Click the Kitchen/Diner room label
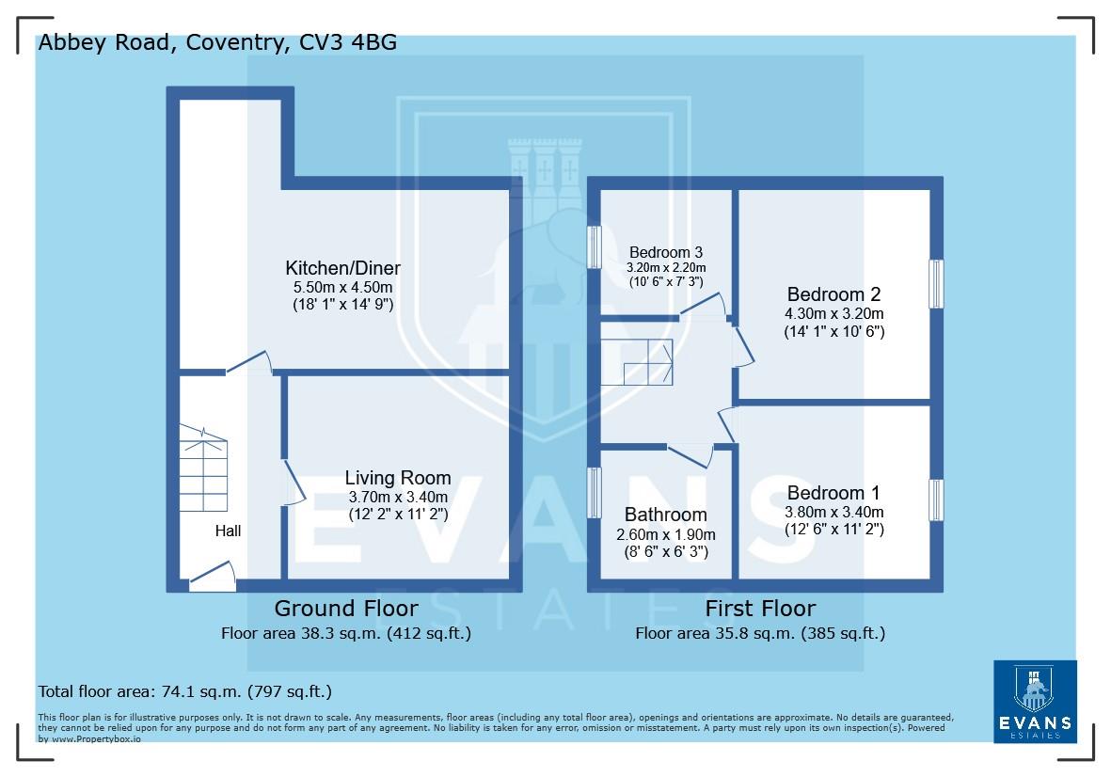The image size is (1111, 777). pyautogui.click(x=343, y=268)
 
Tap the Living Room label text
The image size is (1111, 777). pyautogui.click(x=397, y=478)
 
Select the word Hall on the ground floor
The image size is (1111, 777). pyautogui.click(x=228, y=531)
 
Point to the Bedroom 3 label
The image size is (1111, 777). pyautogui.click(x=666, y=252)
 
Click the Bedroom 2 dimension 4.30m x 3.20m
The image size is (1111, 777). pyautogui.click(x=833, y=313)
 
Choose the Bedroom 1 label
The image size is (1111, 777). pyautogui.click(x=833, y=493)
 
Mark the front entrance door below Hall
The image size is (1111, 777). pyautogui.click(x=213, y=578)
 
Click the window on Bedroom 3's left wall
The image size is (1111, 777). pyautogui.click(x=595, y=247)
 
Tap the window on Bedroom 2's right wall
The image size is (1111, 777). pyautogui.click(x=935, y=283)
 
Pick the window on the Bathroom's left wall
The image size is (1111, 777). pyautogui.click(x=595, y=492)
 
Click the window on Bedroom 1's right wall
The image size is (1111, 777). pyautogui.click(x=935, y=499)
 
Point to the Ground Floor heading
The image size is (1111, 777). pyautogui.click(x=346, y=608)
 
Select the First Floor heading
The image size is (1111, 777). pyautogui.click(x=760, y=608)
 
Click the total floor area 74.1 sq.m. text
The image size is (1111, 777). pyautogui.click(x=184, y=691)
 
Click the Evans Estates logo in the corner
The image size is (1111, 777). pyautogui.click(x=1035, y=701)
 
